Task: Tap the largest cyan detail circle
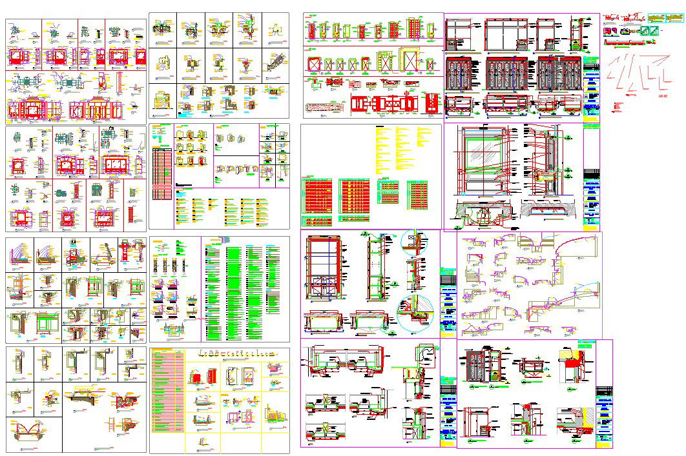point(413,312)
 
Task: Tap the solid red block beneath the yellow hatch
point(574,370)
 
